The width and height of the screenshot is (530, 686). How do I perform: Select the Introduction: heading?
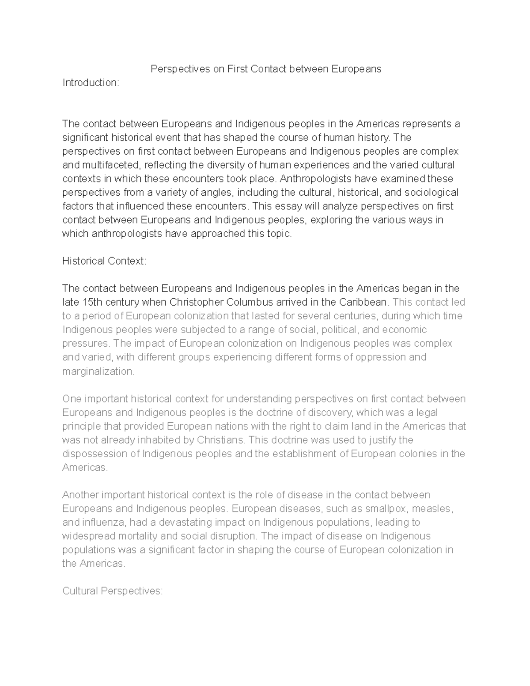[x=91, y=83]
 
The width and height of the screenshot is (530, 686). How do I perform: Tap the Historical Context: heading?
[x=104, y=261]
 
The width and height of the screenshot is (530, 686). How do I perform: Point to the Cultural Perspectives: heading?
[x=113, y=591]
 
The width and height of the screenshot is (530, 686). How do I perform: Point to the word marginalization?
[x=98, y=371]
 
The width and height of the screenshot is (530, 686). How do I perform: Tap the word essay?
[x=288, y=206]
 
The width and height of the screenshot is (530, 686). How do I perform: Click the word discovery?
[x=331, y=413]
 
